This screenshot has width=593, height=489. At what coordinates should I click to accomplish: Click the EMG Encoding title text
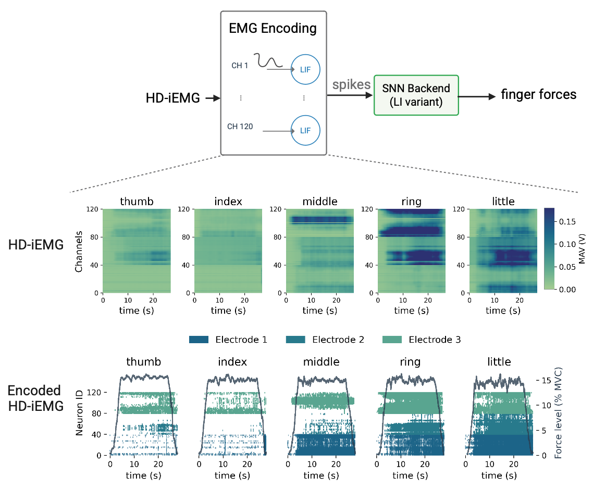tap(273, 28)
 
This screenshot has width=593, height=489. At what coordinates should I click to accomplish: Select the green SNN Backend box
tap(416, 95)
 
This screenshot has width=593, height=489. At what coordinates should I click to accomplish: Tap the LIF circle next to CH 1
tap(305, 69)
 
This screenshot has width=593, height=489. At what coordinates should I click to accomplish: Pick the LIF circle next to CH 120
tap(305, 130)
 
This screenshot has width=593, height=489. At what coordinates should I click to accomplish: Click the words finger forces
tap(538, 94)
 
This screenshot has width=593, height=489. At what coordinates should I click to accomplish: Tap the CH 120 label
tap(240, 126)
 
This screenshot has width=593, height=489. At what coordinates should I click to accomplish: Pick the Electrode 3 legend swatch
tap(393, 340)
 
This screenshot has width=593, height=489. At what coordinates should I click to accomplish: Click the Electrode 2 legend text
tap(338, 340)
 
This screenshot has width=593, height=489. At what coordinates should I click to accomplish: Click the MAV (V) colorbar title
tap(583, 249)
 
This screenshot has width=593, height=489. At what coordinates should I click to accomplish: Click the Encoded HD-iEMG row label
tap(34, 398)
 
